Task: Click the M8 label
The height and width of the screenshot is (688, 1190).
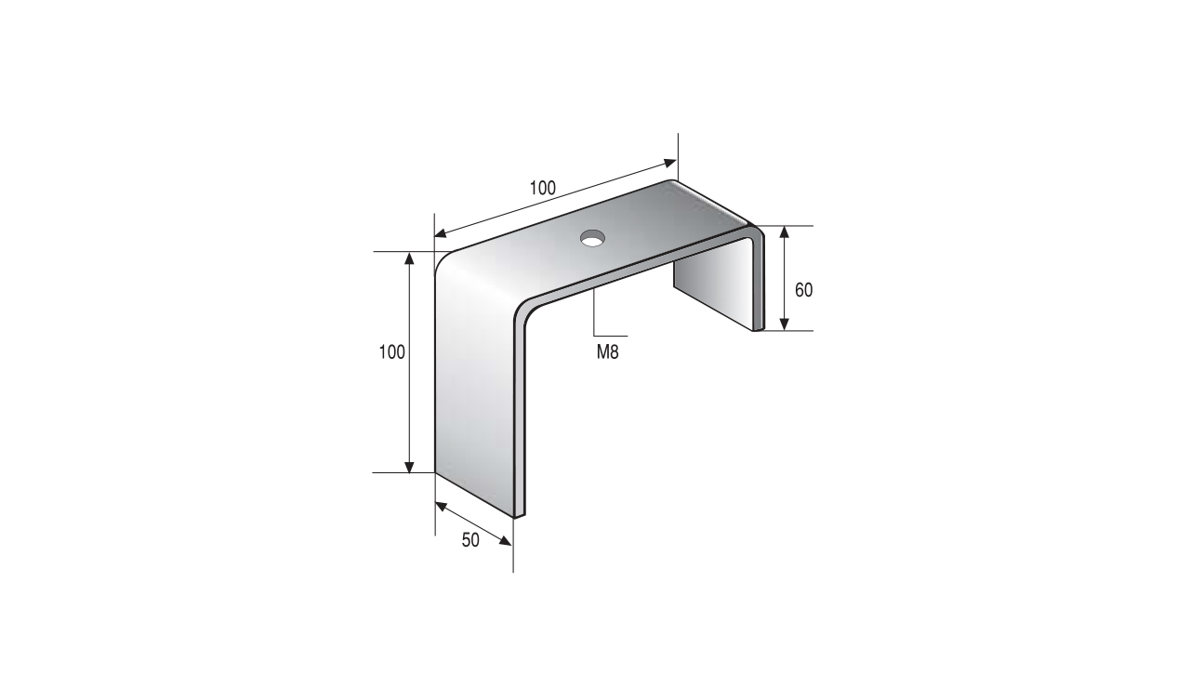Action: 607,351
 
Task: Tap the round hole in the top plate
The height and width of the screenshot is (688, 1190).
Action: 592,239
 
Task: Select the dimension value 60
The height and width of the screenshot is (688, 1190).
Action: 803,290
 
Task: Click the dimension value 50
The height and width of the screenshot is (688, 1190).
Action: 470,540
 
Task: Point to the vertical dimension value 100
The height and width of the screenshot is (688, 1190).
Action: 391,352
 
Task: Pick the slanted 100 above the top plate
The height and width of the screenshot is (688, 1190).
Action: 542,188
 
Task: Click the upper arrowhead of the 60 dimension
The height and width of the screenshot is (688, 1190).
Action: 784,232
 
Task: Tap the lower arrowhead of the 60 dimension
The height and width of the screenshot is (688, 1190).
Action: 784,324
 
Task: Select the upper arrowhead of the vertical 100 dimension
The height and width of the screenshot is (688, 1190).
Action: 409,258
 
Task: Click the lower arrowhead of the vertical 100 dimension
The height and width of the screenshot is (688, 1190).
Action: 409,466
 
